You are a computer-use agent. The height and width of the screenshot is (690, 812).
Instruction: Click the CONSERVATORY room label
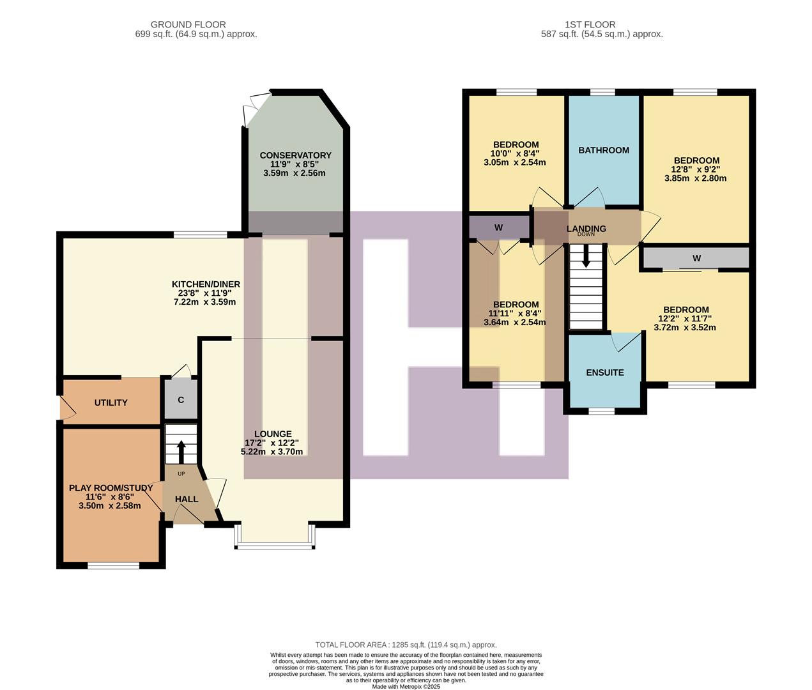pyautogui.click(x=295, y=155)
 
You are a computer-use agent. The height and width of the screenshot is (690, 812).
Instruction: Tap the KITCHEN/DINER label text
pyautogui.click(x=206, y=284)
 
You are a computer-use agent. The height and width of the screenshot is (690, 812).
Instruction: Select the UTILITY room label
pyautogui.click(x=111, y=402)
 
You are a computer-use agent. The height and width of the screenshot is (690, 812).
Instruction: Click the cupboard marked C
pyautogui.click(x=181, y=400)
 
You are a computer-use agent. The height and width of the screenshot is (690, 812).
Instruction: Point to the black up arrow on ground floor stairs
pyautogui.click(x=181, y=450)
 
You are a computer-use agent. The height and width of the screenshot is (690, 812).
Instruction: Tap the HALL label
pyautogui.click(x=187, y=499)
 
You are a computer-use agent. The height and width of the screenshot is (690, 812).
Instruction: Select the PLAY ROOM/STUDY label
pyautogui.click(x=111, y=488)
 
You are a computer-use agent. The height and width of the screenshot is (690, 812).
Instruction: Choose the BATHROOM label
pyautogui.click(x=604, y=150)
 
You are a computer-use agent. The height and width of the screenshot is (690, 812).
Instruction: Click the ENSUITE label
pyautogui.click(x=605, y=372)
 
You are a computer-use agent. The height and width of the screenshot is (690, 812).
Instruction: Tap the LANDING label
pyautogui.click(x=586, y=228)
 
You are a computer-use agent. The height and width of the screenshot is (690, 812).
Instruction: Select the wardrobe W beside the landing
pyautogui.click(x=498, y=227)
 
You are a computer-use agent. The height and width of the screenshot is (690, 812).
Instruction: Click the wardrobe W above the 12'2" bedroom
pyautogui.click(x=696, y=258)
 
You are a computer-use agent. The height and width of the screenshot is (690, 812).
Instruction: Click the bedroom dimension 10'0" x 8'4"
pyautogui.click(x=515, y=153)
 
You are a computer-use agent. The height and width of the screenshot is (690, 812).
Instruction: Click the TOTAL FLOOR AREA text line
pyautogui.click(x=406, y=645)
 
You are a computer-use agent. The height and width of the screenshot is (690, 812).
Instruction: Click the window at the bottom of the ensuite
pyautogui.click(x=601, y=411)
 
